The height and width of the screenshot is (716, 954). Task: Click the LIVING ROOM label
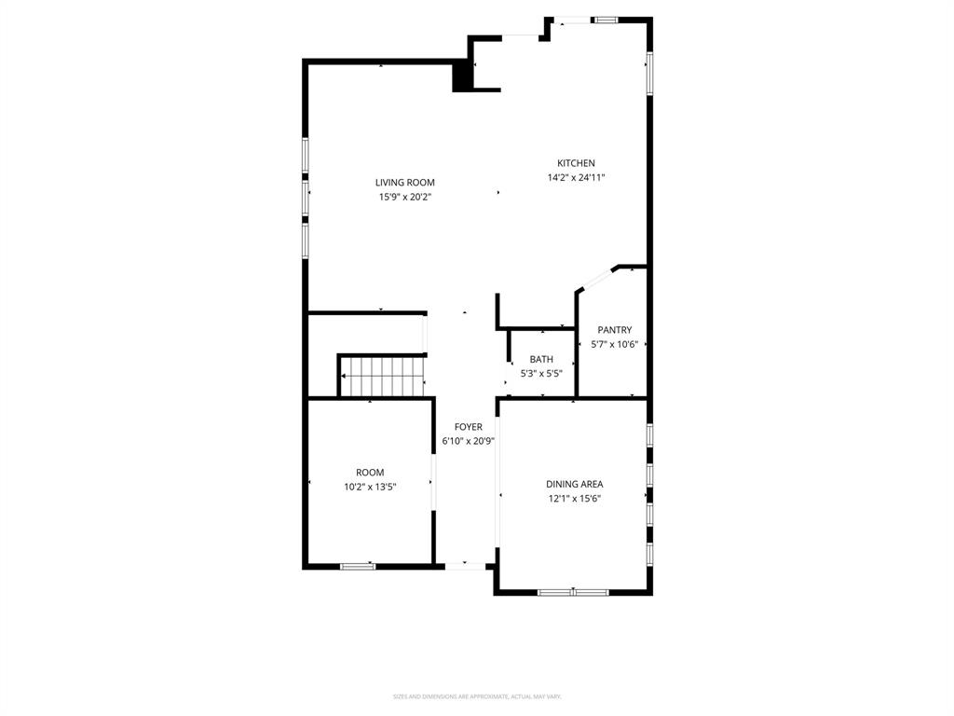point(404,183)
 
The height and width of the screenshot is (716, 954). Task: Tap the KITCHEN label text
point(576,163)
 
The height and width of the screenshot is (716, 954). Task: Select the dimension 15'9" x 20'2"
point(404,197)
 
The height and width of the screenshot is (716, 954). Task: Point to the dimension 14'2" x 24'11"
point(576,177)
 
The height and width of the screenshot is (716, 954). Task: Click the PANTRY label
point(614,330)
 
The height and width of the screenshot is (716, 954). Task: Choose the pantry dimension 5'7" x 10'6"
point(614,344)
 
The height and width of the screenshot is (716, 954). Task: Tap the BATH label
point(541,359)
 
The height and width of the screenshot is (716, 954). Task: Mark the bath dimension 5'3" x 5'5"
point(541,373)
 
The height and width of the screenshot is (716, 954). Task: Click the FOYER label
point(468,427)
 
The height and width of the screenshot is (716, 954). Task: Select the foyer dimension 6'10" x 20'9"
point(468,441)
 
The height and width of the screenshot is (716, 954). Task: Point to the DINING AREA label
point(574,484)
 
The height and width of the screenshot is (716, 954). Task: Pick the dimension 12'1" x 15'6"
point(574,498)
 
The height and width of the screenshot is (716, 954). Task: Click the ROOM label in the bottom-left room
point(370,473)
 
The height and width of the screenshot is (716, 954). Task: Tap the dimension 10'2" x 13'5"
point(370,487)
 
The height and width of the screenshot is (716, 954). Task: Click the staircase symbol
point(382,376)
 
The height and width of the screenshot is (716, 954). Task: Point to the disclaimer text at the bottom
point(477,696)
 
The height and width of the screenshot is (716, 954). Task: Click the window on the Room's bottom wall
point(358,565)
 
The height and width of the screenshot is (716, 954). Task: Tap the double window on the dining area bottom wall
point(573,591)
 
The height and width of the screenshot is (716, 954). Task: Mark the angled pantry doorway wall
point(594,279)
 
